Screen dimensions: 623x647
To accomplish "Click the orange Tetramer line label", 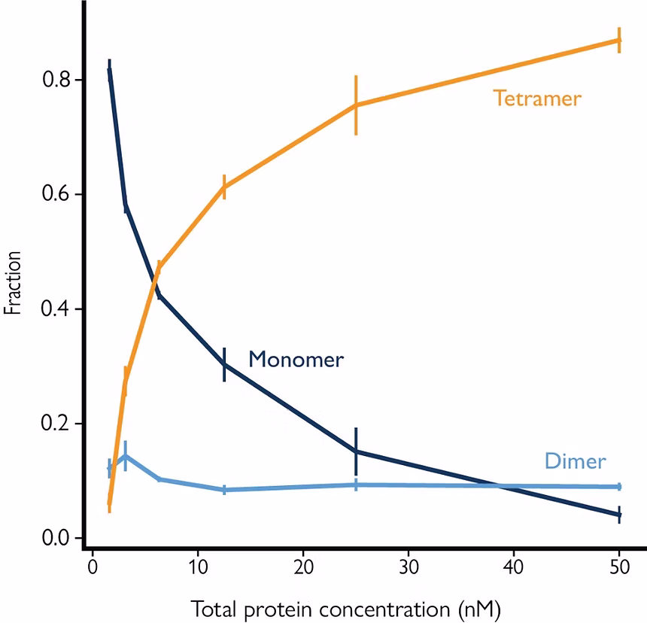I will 537,99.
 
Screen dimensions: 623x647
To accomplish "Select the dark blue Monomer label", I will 296,360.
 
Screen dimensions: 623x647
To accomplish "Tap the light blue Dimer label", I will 575,461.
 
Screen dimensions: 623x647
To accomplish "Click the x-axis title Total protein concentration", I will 346,606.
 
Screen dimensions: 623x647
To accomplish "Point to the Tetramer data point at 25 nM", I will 356,105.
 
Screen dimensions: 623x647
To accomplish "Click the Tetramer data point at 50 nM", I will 619,40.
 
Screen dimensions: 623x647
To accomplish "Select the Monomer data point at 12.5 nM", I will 224,364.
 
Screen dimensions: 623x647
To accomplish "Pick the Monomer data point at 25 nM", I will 356,451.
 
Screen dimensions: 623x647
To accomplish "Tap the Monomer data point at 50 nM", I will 619,515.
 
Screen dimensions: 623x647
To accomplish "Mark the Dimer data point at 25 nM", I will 356,485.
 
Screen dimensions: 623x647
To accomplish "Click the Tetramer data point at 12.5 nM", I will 224,187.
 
